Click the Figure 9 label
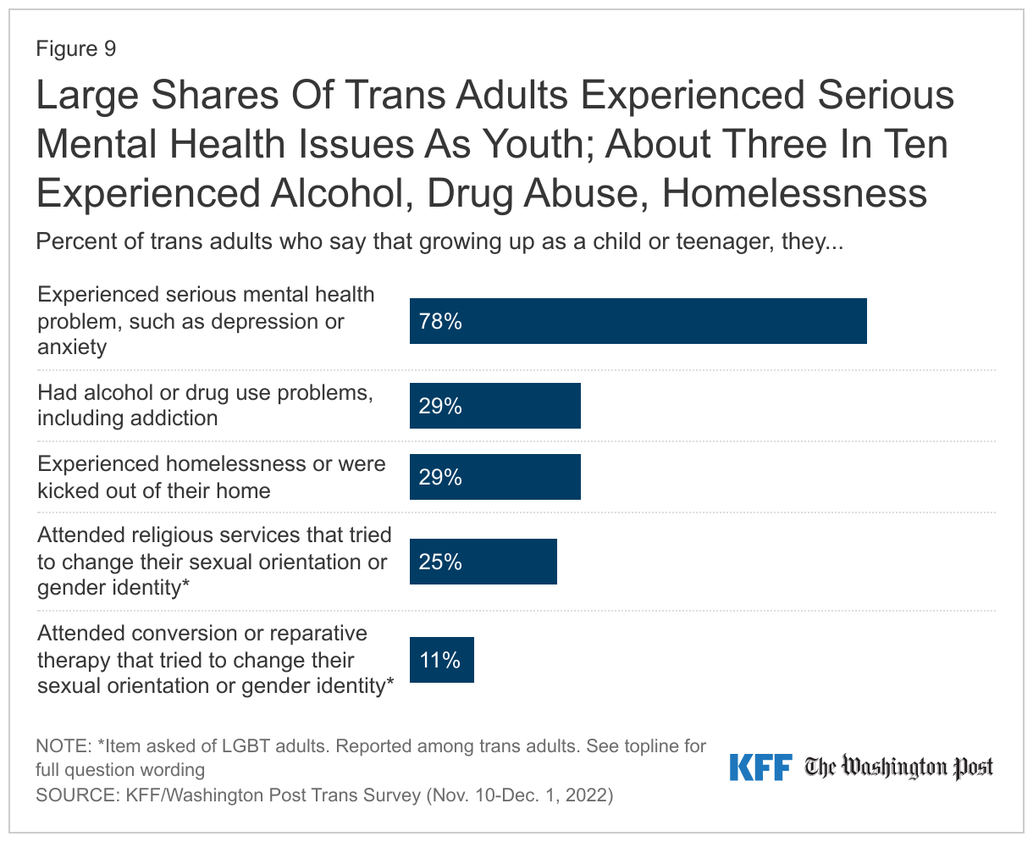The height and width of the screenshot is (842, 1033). [x=75, y=49]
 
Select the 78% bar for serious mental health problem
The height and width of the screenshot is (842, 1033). [x=638, y=321]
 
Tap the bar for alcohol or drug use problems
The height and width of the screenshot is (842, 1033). [x=495, y=406]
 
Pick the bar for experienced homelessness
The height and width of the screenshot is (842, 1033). [x=495, y=477]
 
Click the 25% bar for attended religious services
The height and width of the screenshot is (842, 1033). [x=483, y=562]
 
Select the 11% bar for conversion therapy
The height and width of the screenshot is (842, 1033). [x=442, y=660]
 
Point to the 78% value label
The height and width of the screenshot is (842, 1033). [x=440, y=322]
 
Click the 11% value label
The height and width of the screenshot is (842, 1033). [x=440, y=661]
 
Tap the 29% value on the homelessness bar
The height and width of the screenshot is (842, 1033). [x=440, y=478]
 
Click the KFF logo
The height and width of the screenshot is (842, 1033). [x=760, y=767]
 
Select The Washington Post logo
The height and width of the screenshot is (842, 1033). [x=898, y=767]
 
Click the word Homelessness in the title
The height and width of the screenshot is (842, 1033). [x=794, y=193]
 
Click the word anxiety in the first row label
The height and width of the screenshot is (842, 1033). [x=72, y=347]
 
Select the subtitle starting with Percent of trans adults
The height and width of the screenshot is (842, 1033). [x=439, y=241]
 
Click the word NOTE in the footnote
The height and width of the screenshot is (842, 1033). [x=62, y=746]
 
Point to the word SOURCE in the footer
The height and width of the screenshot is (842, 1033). [x=75, y=795]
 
